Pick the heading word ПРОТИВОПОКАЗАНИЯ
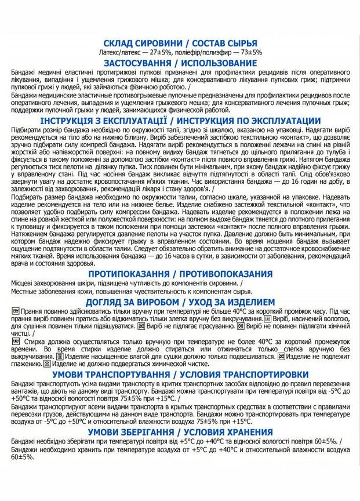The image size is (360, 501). tap(226, 273)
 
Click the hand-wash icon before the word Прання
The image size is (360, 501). tap(14, 311)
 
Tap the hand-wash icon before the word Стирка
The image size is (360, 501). tap(14, 341)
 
